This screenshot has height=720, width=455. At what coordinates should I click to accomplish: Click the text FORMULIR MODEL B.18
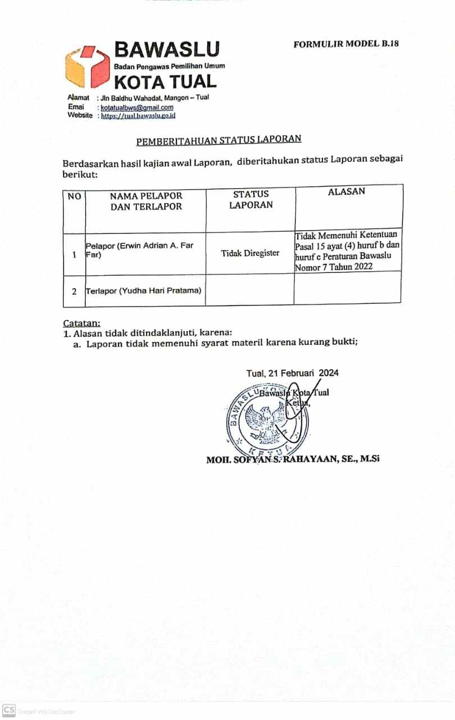tap(346, 43)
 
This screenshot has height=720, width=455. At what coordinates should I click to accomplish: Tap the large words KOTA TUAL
tap(165, 82)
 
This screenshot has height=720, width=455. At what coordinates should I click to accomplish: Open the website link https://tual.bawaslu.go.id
tap(138, 115)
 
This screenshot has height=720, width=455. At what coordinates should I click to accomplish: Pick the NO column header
tap(74, 196)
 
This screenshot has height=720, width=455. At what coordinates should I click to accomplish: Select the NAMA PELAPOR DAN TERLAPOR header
tap(146, 201)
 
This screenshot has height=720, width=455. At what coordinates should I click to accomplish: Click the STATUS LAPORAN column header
tap(251, 199)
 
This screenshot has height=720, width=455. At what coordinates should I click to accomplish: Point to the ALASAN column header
tap(346, 191)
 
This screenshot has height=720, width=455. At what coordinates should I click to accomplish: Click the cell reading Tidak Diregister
tap(250, 253)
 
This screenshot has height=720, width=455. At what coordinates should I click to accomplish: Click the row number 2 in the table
tap(74, 291)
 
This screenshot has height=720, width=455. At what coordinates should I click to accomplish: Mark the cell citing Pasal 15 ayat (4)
tap(348, 251)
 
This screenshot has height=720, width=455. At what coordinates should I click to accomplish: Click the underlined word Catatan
tap(81, 323)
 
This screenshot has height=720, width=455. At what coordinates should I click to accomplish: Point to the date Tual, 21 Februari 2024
tap(292, 373)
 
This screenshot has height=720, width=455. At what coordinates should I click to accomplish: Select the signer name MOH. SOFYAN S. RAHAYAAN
tap(293, 458)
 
